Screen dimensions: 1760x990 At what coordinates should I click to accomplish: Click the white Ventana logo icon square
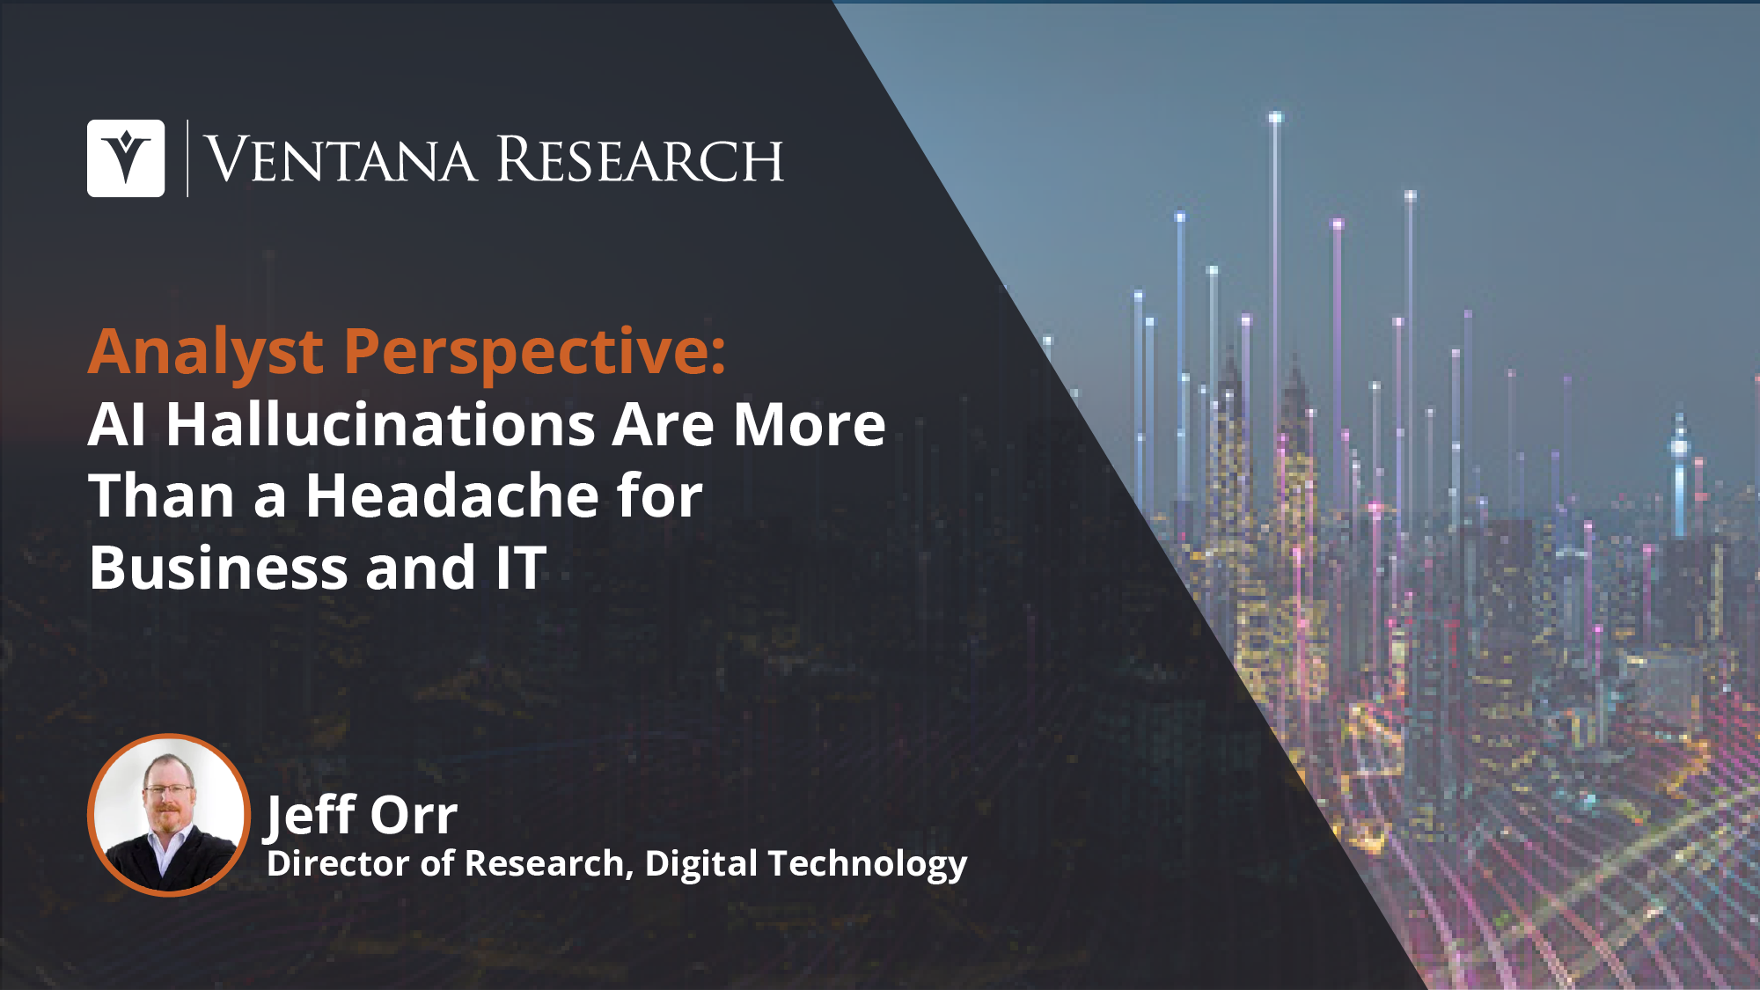click(x=126, y=158)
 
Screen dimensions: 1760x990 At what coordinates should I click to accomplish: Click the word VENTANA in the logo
click(x=341, y=160)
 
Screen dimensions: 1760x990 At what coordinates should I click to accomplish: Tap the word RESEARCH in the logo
click(x=640, y=160)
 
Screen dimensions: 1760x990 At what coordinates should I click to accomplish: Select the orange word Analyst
click(x=206, y=353)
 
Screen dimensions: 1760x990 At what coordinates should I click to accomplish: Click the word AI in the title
click(x=116, y=425)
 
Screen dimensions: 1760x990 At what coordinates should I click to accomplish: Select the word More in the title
click(x=810, y=425)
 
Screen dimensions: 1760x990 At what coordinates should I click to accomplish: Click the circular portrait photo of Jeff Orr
click(x=169, y=815)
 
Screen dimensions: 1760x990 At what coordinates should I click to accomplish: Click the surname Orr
click(x=414, y=816)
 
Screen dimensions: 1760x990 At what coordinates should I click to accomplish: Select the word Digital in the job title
click(x=700, y=865)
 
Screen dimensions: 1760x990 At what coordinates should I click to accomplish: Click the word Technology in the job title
click(x=868, y=865)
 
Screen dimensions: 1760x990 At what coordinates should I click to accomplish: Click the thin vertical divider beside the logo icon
click(x=187, y=158)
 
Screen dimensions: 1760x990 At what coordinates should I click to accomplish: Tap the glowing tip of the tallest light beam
click(x=1275, y=117)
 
